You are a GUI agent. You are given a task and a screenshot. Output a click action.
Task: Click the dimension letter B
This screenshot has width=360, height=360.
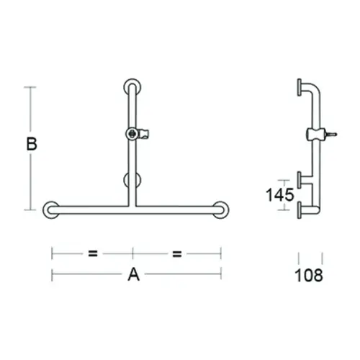(x=31, y=144)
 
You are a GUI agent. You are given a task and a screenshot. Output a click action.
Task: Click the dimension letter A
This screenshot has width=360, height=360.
(x=133, y=274)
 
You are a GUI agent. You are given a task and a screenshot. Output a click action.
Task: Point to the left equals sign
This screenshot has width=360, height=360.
(x=92, y=253)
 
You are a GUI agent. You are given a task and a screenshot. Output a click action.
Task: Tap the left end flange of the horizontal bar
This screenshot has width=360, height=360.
(x=51, y=210)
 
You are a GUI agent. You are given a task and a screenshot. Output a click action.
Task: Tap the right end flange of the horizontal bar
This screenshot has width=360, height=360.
(x=222, y=210)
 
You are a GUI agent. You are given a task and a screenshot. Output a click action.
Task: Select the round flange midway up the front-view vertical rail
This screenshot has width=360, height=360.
(x=133, y=180)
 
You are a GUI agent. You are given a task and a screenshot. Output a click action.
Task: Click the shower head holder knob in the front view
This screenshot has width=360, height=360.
(x=132, y=133)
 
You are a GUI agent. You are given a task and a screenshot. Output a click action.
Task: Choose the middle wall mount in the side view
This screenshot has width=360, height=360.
(x=301, y=177)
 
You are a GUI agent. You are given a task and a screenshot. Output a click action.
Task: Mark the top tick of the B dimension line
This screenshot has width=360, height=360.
(x=30, y=87)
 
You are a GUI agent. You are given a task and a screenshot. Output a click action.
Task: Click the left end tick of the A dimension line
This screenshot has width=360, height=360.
(x=52, y=274)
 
